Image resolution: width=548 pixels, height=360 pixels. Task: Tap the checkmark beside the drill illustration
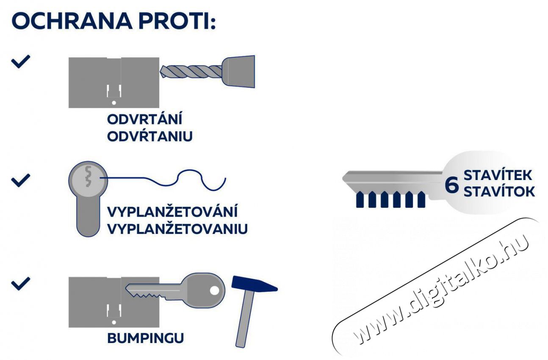tap(21, 61)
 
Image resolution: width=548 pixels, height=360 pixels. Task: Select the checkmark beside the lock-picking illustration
tap(21, 180)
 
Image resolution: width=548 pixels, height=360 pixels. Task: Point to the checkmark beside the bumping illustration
tap(21, 284)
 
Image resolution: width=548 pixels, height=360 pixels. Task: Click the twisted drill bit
tap(191, 72)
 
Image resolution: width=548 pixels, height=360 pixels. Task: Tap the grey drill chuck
tap(238, 72)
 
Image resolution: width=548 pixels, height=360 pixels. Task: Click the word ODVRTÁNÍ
tap(144, 119)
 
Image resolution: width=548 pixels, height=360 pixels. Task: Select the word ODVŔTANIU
tap(150, 136)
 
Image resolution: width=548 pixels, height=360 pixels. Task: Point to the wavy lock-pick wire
tap(163, 180)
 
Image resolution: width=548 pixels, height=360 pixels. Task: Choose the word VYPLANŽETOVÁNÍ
tap(172, 212)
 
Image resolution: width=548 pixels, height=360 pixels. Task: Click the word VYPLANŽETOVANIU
tap(177, 229)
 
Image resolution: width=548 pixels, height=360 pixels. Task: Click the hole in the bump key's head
tap(215, 291)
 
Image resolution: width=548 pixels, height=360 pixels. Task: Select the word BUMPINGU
tap(146, 338)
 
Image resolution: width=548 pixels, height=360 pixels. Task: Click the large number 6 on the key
tap(451, 186)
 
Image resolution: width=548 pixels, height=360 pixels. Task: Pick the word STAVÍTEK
tap(498, 175)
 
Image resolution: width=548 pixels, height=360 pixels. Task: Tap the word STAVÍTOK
tap(499, 191)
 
